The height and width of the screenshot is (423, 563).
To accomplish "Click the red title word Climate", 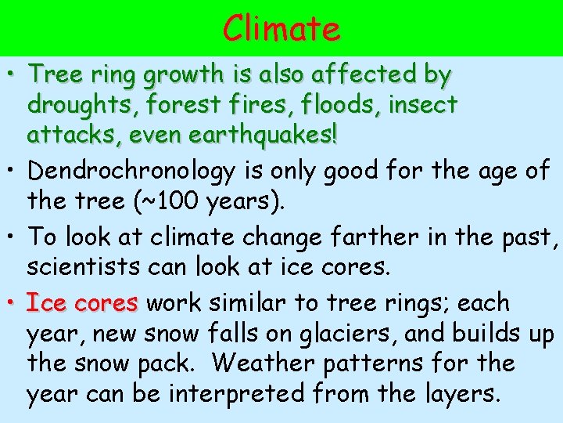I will click(281, 29).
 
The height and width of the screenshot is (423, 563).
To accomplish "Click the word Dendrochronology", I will click(124, 171).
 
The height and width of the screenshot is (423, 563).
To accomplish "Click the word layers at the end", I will click(459, 394).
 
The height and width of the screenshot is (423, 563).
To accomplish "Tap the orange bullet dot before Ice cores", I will click(13, 302).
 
